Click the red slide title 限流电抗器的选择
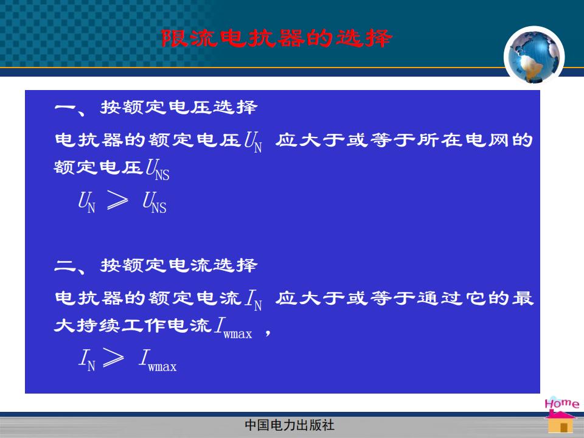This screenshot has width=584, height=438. coord(277,38)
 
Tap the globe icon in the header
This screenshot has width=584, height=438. coord(534,56)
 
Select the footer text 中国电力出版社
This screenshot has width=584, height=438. coord(290,425)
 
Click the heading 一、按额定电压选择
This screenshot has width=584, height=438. coord(156,108)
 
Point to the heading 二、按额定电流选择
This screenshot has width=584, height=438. coord(156,266)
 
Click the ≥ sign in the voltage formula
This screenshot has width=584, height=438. coord(117,200)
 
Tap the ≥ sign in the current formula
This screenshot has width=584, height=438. coord(113,358)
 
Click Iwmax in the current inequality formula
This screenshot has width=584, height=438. coord(158,361)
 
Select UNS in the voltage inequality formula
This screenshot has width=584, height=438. coord(155,202)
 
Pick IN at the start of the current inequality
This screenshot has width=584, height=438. coord(87,360)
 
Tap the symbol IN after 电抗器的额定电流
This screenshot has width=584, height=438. coord(254,300)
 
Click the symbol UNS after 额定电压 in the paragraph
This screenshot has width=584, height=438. coord(158,170)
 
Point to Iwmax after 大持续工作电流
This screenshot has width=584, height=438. coord(234,328)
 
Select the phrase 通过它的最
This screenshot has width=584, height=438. coord(475,298)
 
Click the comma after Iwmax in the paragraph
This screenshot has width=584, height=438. coord(268,333)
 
